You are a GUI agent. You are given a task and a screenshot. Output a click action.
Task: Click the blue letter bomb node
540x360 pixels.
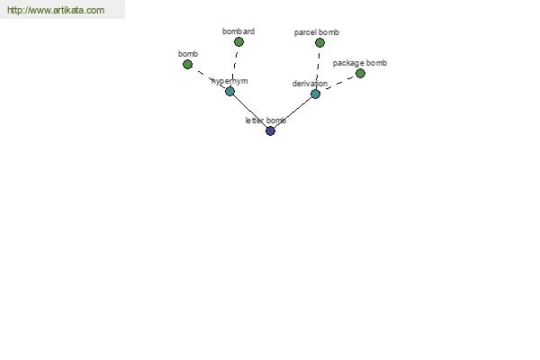270,130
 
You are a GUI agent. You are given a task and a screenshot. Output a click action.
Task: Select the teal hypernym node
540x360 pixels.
229,91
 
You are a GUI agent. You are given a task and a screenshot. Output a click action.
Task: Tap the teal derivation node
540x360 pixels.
316,94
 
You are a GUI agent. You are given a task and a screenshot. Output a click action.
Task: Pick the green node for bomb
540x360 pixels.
187,65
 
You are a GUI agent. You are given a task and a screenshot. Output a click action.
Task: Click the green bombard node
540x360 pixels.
238,42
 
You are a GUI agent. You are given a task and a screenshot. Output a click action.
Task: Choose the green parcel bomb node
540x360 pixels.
319,42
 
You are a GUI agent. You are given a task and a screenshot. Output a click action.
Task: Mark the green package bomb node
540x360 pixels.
360,74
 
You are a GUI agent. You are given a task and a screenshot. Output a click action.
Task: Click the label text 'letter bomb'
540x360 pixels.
265,121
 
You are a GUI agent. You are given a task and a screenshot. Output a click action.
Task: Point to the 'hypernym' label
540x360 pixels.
229,81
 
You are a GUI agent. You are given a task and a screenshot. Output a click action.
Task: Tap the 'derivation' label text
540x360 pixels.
310,84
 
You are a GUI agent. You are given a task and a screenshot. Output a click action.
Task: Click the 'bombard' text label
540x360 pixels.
238,31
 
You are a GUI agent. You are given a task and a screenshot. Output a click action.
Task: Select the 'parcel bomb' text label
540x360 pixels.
317,32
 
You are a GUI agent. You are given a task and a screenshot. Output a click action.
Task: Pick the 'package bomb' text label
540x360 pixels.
359,63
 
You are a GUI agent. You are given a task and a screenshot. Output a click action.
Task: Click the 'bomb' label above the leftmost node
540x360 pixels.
188,54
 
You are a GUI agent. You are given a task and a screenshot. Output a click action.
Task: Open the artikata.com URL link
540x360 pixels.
56,10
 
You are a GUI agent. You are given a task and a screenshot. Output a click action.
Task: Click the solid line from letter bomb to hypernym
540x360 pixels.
250,112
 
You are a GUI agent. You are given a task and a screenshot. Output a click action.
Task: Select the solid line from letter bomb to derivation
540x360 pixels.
293,112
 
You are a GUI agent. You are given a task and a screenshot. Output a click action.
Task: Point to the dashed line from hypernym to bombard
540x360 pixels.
235,67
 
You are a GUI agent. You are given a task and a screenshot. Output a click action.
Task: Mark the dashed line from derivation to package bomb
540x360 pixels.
339,83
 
